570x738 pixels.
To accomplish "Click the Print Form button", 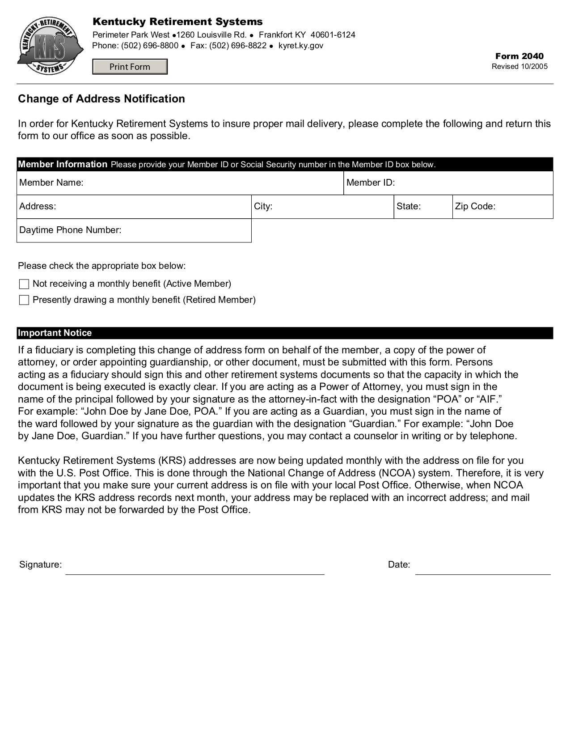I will (x=130, y=67).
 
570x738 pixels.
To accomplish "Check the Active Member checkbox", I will (x=24, y=284).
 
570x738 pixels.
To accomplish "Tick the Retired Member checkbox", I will (x=24, y=300).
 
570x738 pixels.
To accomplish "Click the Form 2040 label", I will (x=519, y=56).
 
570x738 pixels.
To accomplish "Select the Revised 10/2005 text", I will (x=519, y=67).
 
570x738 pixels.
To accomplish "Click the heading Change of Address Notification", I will (x=101, y=99).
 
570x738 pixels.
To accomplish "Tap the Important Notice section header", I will (x=55, y=333).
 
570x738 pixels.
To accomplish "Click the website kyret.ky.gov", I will (x=300, y=46).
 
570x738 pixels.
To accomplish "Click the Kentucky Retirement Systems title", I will (x=177, y=22).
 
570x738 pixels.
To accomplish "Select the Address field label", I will (x=38, y=207).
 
